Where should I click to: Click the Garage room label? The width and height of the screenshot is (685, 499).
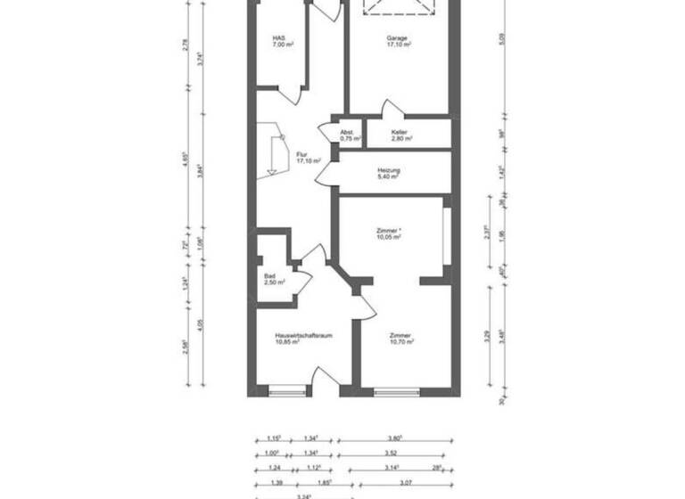coord(398,41)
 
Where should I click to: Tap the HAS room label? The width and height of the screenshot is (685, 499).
coord(283,41)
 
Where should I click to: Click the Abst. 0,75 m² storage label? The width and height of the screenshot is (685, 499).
coord(350,135)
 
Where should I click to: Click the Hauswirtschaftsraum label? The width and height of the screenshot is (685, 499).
coord(303,339)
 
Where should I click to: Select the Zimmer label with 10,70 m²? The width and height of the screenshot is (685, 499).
coord(400,339)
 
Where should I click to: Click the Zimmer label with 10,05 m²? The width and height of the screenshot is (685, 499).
coord(389,233)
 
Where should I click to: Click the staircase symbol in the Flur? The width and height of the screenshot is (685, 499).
coord(275,151)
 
